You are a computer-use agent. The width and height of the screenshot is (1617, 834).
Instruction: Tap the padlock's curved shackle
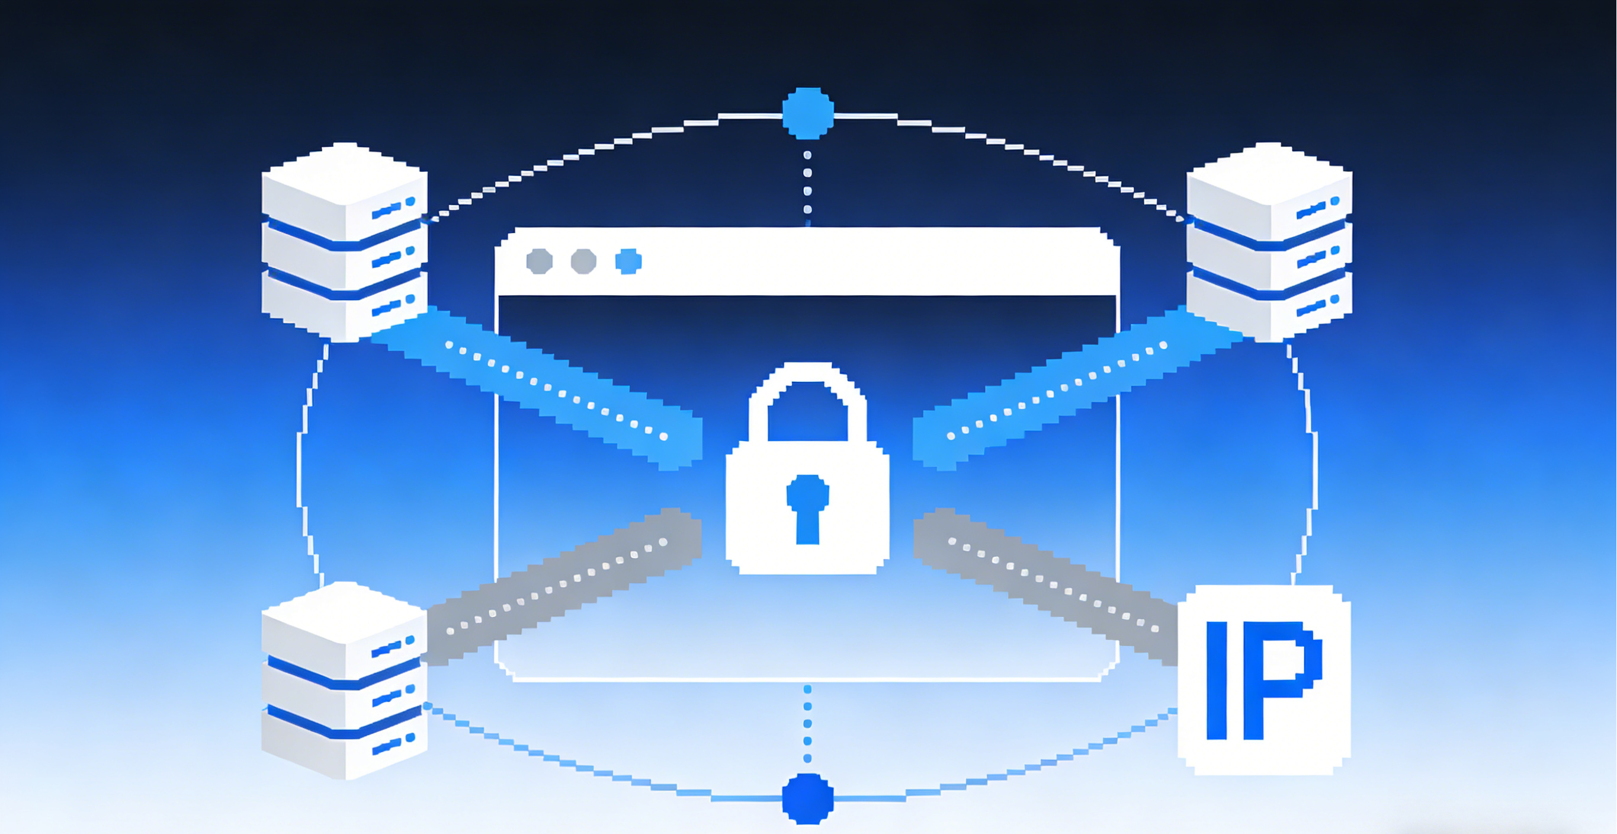pos(807,377)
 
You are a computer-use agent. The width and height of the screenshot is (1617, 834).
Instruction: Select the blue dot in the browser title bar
pos(628,261)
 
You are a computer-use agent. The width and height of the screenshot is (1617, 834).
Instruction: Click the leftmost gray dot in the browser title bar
pos(539,261)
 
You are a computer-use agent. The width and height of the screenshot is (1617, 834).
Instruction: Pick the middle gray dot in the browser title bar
pos(584,261)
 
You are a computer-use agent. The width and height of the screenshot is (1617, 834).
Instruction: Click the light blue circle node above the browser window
pos(808,114)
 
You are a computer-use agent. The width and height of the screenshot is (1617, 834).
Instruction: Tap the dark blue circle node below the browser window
pos(808,798)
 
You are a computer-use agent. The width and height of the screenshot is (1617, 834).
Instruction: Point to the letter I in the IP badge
pos(1217,680)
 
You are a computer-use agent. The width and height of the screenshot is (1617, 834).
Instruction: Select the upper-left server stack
pos(344,242)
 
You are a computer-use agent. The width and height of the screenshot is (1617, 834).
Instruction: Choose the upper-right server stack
pos(1269,242)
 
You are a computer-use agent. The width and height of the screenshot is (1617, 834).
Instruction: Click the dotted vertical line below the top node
pos(807,182)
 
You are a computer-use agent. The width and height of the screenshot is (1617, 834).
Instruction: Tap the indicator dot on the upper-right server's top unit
pos(1334,201)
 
